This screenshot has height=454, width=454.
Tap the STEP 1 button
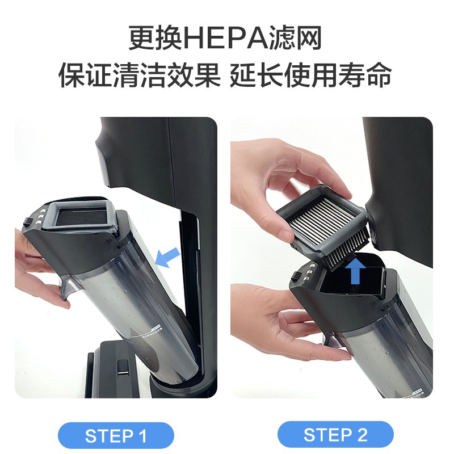point(116,436)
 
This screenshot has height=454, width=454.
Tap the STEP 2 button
point(335,436)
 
